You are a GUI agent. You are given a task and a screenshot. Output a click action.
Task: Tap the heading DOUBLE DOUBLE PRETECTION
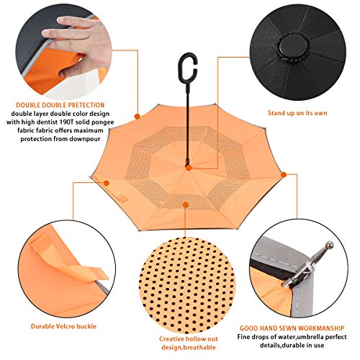pyautogui.click(x=60, y=105)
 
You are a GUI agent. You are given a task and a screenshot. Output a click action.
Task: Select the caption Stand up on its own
pyautogui.click(x=297, y=113)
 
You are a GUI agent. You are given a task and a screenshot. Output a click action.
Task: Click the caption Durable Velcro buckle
pyautogui.click(x=63, y=326)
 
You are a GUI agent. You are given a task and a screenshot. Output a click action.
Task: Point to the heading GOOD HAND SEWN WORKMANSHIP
pyautogui.click(x=292, y=328)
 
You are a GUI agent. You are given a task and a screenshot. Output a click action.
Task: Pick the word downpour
pyautogui.click(x=85, y=139)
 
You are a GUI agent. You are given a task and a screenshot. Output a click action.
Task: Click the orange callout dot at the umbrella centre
pyautogui.click(x=189, y=168)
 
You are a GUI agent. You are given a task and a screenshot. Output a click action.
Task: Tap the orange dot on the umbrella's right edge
pyautogui.click(x=284, y=174)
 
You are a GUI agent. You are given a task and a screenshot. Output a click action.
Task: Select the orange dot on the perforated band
pyautogui.click(x=186, y=204)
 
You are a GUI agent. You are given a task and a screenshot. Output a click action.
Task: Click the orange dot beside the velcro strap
pyautogui.click(x=107, y=183)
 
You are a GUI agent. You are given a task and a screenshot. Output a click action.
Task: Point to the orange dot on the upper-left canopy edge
pyautogui.click(x=138, y=117)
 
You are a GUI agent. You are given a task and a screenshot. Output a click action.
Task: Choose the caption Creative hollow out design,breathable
pyautogui.click(x=189, y=343)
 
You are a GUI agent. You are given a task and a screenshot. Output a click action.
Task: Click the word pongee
pyautogui.click(x=102, y=122)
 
